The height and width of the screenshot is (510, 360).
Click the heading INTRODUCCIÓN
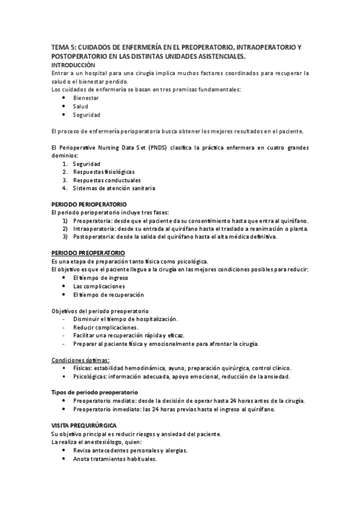click(x=73, y=64)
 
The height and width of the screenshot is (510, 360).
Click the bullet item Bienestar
click(x=86, y=97)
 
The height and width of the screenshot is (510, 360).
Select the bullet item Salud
click(x=81, y=106)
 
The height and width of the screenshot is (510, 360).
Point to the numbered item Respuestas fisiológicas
click(x=103, y=172)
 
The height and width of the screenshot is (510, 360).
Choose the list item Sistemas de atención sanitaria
click(x=114, y=188)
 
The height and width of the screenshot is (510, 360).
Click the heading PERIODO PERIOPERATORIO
click(x=88, y=204)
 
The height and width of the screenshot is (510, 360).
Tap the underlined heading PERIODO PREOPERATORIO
click(x=88, y=253)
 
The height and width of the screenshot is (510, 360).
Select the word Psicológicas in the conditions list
click(x=90, y=376)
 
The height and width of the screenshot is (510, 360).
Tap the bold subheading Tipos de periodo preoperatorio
click(x=95, y=392)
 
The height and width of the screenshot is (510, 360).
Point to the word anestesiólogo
click(x=111, y=442)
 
